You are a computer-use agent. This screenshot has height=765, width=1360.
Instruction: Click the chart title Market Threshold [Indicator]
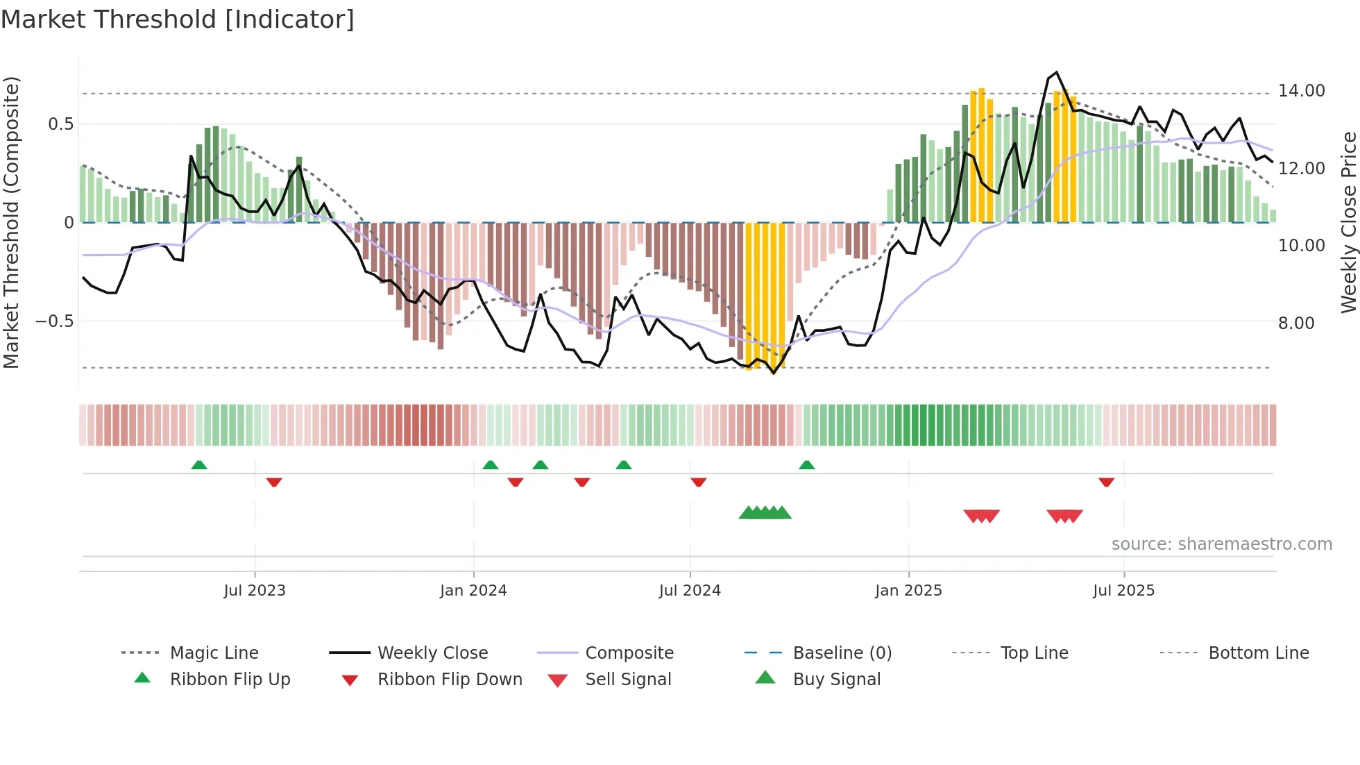tap(178, 19)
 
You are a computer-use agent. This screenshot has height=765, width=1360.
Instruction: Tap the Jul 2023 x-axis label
tap(255, 591)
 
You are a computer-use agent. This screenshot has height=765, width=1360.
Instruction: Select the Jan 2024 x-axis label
tap(473, 591)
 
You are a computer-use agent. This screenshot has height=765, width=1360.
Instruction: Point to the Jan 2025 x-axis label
tap(908, 591)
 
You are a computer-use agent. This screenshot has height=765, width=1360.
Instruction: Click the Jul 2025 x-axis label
tap(1123, 591)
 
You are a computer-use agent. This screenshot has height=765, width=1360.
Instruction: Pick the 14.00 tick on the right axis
tap(1301, 91)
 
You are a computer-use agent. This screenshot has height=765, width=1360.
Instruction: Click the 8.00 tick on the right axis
tap(1295, 323)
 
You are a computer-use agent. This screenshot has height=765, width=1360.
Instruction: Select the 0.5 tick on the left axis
tap(60, 124)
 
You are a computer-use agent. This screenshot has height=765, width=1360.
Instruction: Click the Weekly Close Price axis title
tap(1348, 222)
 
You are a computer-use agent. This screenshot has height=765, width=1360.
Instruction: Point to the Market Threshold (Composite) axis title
tap(11, 222)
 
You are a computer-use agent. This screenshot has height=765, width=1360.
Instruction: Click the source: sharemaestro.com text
tap(1221, 544)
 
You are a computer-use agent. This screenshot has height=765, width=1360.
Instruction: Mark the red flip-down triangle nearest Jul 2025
tap(1106, 482)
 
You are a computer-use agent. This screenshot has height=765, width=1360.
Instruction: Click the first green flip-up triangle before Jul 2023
tap(199, 464)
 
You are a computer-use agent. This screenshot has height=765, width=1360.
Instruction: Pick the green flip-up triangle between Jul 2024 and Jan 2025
tap(806, 464)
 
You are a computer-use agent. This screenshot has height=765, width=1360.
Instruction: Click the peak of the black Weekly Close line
tap(1056, 72)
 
